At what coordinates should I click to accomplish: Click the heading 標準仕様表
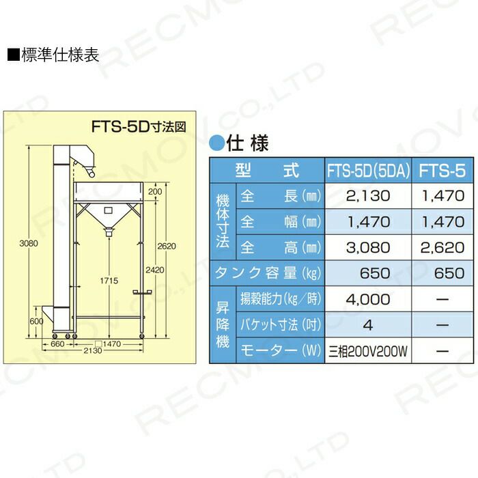click(x=56, y=55)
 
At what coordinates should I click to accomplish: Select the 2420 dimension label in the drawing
click(x=155, y=270)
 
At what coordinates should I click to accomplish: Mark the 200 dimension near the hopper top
click(x=154, y=192)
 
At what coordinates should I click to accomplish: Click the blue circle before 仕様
click(x=215, y=143)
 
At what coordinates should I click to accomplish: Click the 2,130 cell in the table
click(x=368, y=196)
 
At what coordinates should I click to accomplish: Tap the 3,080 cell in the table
click(x=368, y=247)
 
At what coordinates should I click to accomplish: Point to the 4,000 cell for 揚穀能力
click(x=368, y=298)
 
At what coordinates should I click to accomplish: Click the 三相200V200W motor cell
click(x=368, y=352)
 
